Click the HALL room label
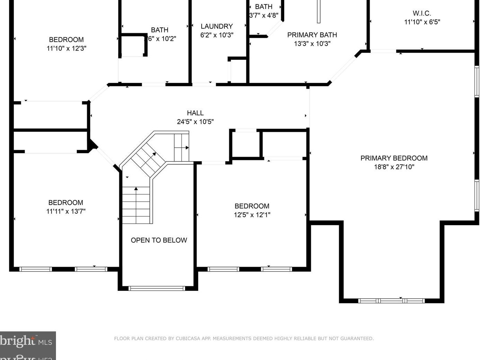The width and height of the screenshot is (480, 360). pyautogui.click(x=195, y=113)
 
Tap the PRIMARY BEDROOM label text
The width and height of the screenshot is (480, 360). pyautogui.click(x=394, y=158)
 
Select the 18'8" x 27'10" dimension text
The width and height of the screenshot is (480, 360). pyautogui.click(x=394, y=167)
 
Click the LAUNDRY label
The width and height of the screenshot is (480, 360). pyautogui.click(x=216, y=27)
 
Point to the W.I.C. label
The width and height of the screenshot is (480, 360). pyautogui.click(x=422, y=13)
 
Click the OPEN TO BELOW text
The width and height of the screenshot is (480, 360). pyautogui.click(x=159, y=240)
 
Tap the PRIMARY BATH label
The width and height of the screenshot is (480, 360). pyautogui.click(x=312, y=35)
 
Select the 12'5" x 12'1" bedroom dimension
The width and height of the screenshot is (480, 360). pyautogui.click(x=252, y=215)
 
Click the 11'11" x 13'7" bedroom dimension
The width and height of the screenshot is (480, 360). pyautogui.click(x=66, y=211)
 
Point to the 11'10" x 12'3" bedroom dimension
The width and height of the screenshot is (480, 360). pyautogui.click(x=66, y=48)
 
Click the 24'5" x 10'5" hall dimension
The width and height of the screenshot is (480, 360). pyautogui.click(x=195, y=122)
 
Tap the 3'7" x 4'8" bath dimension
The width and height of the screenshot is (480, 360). pyautogui.click(x=264, y=15)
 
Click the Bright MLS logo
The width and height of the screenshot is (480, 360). pyautogui.click(x=26, y=342)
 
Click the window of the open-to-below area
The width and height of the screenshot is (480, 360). pyautogui.click(x=157, y=288)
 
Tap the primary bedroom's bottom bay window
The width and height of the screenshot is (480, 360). pyautogui.click(x=391, y=301)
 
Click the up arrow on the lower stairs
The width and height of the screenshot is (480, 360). pyautogui.click(x=136, y=189)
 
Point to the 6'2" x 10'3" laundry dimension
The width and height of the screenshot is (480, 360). pyautogui.click(x=216, y=35)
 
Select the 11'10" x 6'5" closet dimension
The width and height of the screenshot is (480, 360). pyautogui.click(x=422, y=22)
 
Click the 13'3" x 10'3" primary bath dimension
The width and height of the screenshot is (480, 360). pyautogui.click(x=312, y=44)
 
